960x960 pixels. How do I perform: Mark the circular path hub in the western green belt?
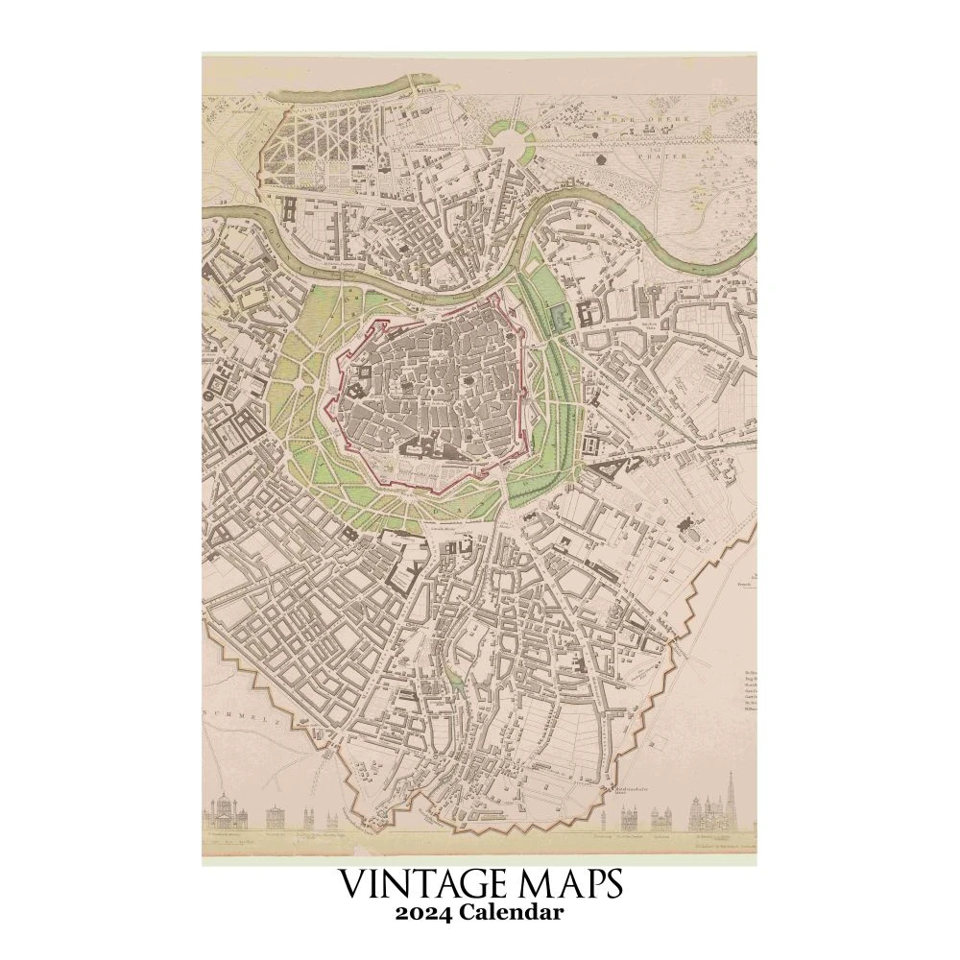pyautogui.click(x=300, y=382)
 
